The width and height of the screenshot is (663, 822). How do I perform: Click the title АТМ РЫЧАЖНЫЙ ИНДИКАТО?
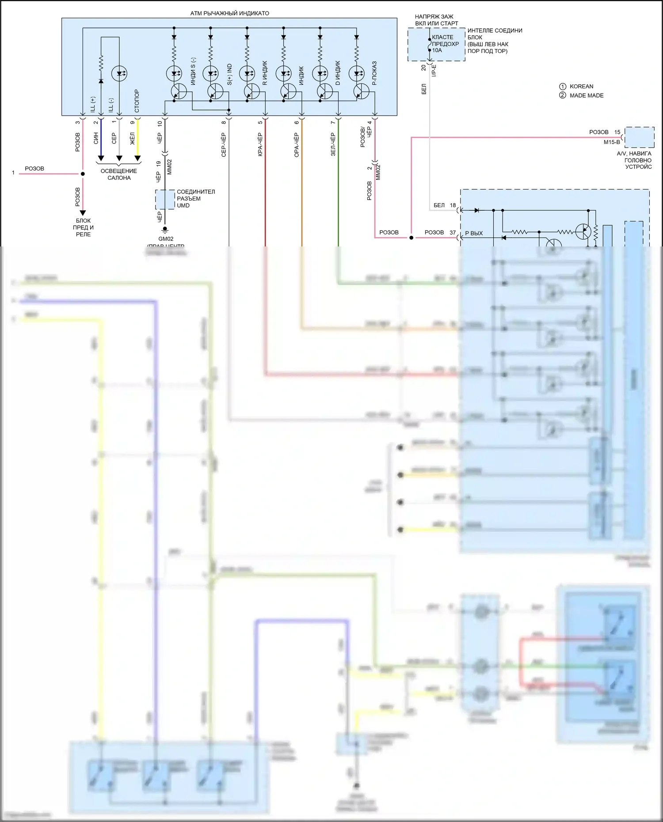[229, 13]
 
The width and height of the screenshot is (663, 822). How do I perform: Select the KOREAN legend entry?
[581, 87]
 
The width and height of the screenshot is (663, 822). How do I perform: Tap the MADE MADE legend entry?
[586, 95]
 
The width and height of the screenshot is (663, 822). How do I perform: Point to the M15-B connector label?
[612, 142]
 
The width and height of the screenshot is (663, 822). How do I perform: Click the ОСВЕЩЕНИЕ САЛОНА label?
[119, 174]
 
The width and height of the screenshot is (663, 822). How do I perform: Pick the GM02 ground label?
[166, 239]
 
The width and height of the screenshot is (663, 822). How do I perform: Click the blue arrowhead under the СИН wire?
[101, 158]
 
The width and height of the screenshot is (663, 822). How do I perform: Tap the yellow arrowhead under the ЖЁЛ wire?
[137, 158]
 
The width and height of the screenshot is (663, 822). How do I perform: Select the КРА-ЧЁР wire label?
[260, 144]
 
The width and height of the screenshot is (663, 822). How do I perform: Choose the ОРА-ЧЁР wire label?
[297, 144]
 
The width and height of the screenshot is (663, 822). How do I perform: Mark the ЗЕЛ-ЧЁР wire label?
[333, 144]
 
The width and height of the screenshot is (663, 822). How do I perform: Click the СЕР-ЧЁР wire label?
[224, 144]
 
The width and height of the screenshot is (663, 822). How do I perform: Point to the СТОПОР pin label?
[137, 101]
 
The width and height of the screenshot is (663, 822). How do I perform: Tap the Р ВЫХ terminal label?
[474, 233]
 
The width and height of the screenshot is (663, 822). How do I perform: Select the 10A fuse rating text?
[437, 50]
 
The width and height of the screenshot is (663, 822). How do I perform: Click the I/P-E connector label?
[434, 71]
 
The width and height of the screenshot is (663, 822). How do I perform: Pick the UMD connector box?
[165, 200]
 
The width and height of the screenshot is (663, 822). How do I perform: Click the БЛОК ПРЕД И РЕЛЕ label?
[83, 227]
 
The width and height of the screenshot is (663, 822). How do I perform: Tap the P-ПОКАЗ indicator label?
[374, 73]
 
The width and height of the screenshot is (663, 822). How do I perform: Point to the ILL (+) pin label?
[93, 104]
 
